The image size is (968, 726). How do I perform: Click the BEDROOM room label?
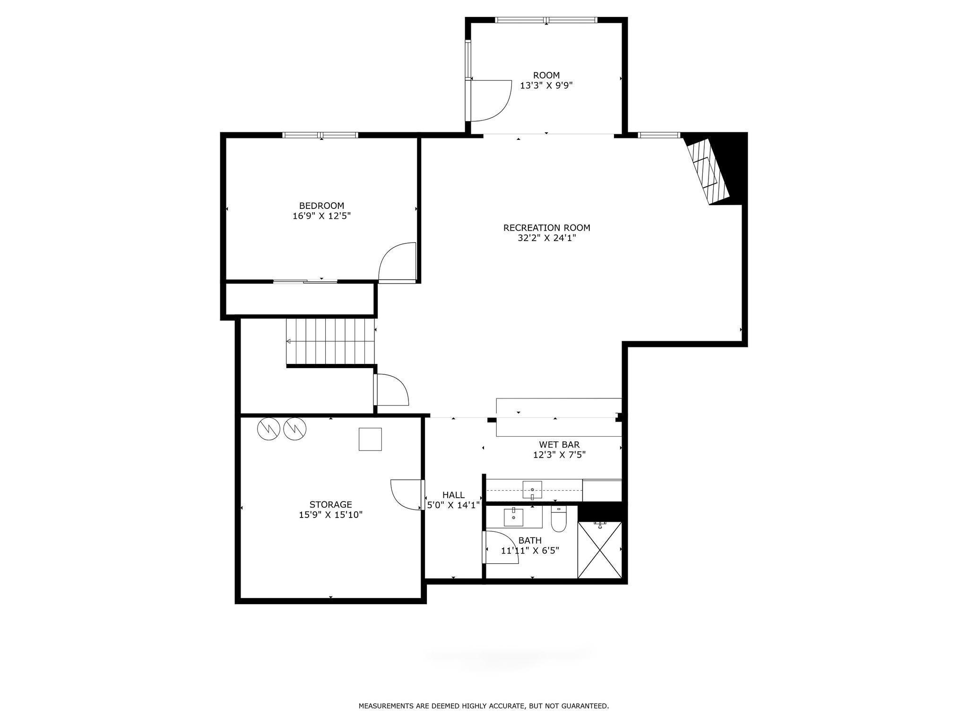(321, 206)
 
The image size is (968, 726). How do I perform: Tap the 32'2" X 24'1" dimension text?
(547, 238)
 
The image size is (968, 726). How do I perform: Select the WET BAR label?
(559, 445)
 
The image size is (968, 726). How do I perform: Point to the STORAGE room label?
(331, 505)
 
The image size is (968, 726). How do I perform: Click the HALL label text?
(453, 495)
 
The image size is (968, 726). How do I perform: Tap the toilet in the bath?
(559, 519)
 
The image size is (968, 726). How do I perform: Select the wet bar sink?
(532, 490)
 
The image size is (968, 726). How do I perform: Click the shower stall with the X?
(600, 550)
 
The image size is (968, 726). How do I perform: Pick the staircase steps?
(331, 341)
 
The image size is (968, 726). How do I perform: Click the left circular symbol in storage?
(268, 429)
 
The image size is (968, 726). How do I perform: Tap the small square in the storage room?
(370, 439)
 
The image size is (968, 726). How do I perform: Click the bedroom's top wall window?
(320, 135)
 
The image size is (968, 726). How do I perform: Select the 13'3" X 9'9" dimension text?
(546, 86)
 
